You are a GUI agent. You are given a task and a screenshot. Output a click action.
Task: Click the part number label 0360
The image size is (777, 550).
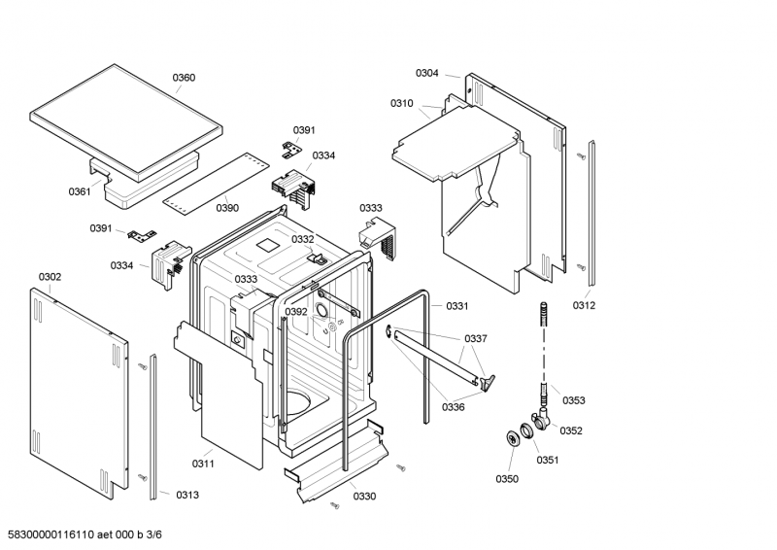point(184,78)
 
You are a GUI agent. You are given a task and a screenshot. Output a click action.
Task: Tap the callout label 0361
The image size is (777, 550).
point(80,191)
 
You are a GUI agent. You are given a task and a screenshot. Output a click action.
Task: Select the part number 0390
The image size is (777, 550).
point(227,208)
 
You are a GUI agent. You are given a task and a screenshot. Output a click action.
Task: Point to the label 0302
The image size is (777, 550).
point(51,277)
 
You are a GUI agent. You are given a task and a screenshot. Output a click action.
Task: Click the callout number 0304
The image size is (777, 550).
point(427,73)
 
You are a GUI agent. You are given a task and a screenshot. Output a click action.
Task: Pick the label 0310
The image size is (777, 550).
point(402,103)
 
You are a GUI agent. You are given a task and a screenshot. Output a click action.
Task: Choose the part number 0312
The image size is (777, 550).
point(584,305)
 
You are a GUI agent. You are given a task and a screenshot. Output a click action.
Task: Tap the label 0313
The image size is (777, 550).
point(187,495)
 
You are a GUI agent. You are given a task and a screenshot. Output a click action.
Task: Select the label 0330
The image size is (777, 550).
point(364,497)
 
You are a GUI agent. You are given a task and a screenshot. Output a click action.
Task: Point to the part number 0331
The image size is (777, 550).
point(457,306)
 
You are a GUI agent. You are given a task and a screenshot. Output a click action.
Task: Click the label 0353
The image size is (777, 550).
point(574,400)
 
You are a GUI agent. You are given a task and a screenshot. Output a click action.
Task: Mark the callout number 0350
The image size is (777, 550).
point(507,478)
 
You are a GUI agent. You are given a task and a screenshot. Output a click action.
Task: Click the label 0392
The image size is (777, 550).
point(296,312)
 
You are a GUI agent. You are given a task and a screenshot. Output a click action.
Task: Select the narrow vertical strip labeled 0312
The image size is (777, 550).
point(591,215)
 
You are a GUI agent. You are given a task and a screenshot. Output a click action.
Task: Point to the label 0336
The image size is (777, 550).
point(453,407)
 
